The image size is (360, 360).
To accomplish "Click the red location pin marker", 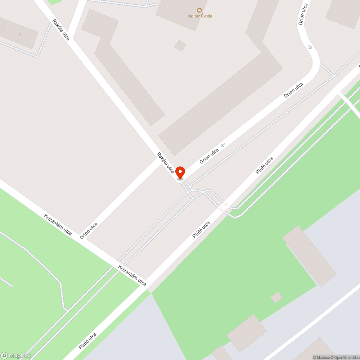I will pos(180,172).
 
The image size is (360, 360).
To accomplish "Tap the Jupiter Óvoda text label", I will pos(199,16).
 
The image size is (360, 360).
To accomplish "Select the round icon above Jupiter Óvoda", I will pos(199,10).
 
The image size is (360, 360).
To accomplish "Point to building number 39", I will pos(19,34).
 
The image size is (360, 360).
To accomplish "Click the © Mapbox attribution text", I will pos(321,357).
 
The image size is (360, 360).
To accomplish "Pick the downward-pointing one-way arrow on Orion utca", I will pos(310,47).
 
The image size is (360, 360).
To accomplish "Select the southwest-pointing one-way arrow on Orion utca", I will pos(223,145).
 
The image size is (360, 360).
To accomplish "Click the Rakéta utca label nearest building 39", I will pos(61,30).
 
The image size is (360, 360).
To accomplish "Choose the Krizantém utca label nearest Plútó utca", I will pos(132,275).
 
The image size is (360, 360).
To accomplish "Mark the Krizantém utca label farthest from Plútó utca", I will pos(58,224).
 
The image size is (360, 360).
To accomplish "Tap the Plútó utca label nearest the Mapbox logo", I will pos(88,341).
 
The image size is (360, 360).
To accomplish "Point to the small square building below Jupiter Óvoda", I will pos(180,46).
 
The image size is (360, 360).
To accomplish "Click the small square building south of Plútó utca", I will pos(276,297).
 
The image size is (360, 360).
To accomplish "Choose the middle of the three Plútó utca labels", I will pos(201,230).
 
